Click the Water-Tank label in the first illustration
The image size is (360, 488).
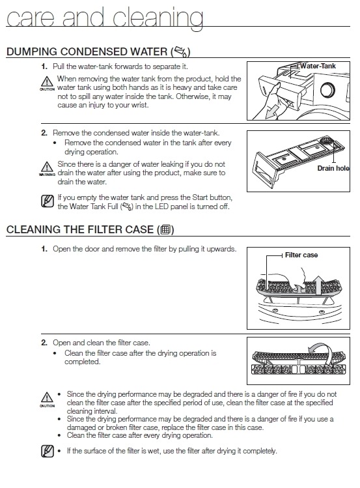[318, 66]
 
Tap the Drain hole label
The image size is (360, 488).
[333, 168]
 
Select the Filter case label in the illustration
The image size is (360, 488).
[301, 255]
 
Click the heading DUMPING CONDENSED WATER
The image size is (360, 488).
[87, 51]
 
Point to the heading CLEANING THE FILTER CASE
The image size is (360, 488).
[80, 229]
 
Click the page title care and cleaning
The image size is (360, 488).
[105, 18]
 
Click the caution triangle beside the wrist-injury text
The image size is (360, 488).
[47, 82]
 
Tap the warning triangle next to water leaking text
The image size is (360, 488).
[47, 167]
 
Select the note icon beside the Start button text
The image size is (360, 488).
[48, 201]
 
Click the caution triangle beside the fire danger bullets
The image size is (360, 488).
[47, 397]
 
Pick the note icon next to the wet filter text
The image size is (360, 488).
[48, 451]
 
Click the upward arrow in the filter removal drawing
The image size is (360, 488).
[318, 285]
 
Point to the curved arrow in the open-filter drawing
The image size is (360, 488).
[319, 347]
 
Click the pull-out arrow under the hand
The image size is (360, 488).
[271, 112]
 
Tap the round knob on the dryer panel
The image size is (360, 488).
[327, 90]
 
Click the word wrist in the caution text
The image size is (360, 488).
[140, 105]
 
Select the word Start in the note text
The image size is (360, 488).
[201, 197]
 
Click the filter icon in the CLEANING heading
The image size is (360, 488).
[165, 230]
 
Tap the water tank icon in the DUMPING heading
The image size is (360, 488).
[181, 51]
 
